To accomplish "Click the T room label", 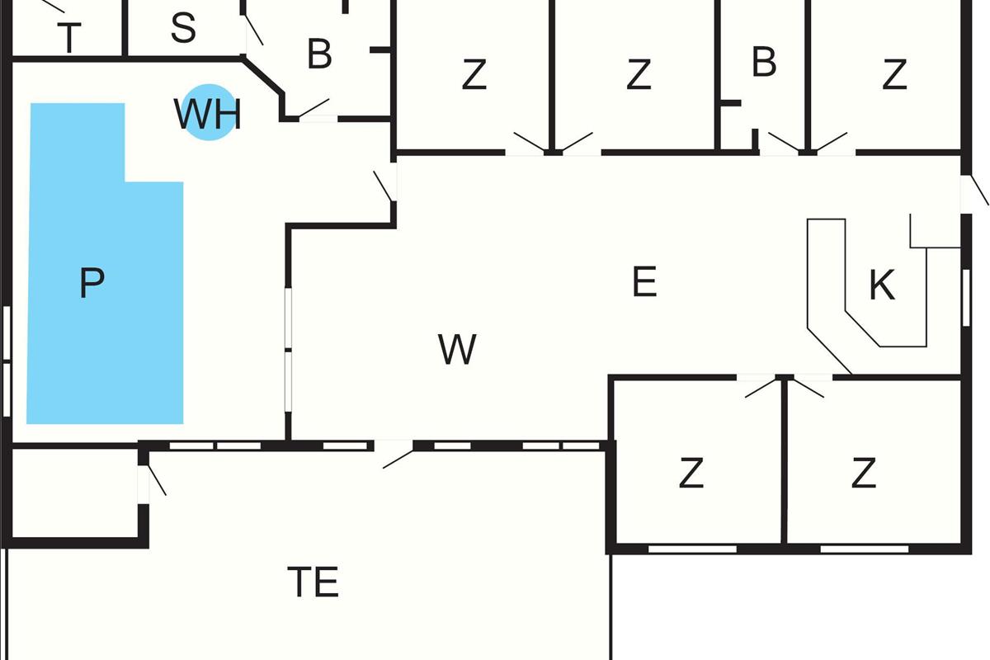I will [x=71, y=38].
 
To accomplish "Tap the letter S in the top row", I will [x=183, y=29].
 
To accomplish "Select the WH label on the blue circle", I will [x=208, y=114].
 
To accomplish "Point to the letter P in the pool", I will [x=92, y=284].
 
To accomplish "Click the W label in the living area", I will [x=457, y=350].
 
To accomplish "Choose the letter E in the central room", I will [x=643, y=283].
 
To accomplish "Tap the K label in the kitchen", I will [x=882, y=285].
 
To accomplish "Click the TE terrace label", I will [x=313, y=582].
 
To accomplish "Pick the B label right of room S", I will [x=319, y=54].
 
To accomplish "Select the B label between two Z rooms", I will [x=764, y=63].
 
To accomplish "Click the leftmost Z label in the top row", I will [x=474, y=75].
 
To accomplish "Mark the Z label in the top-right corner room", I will [x=894, y=75].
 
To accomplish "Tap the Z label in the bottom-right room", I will [x=863, y=474].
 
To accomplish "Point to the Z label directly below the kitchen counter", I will [x=691, y=474].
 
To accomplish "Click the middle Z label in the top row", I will [x=639, y=75].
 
